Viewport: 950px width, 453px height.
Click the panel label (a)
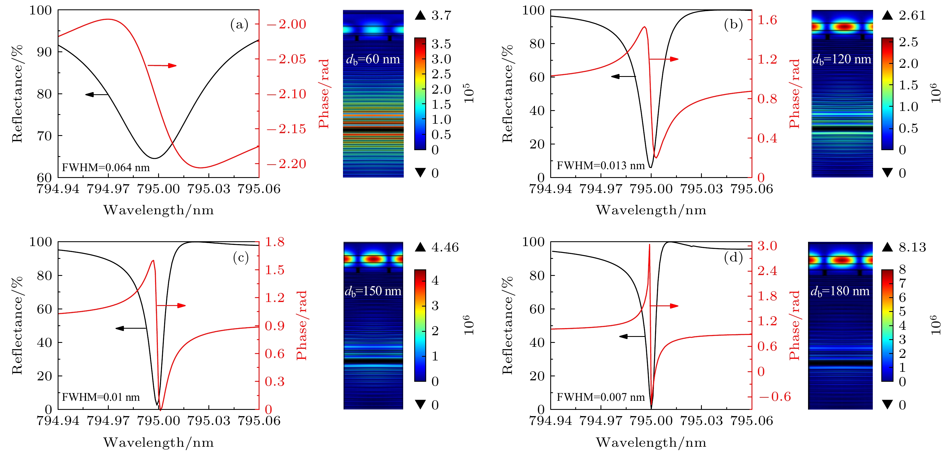239,25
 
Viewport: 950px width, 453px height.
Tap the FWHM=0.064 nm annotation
106,167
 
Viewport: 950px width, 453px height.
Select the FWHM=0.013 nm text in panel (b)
600,165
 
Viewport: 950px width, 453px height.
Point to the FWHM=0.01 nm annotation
101,397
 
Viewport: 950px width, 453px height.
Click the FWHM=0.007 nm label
600,397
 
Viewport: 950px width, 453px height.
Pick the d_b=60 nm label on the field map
373,59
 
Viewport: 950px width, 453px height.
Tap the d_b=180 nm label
840,291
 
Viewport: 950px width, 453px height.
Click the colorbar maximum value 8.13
912,247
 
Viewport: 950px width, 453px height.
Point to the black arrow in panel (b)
623,76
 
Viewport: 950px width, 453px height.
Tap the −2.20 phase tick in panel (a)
286,164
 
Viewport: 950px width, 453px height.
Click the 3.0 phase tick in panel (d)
767,246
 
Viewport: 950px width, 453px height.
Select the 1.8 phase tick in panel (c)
275,242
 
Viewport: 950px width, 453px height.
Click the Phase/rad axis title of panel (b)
794,94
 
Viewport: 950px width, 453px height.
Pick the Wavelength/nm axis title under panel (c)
159,442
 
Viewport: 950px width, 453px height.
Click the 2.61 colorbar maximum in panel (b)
912,16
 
